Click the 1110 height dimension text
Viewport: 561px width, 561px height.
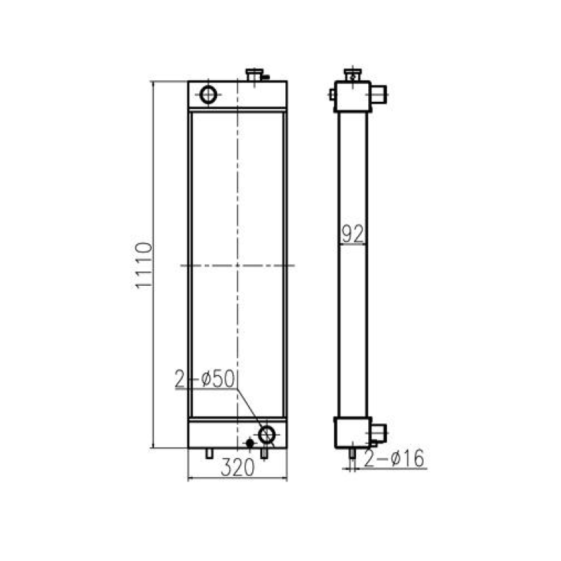point(143,265)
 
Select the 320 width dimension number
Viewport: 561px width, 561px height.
point(237,469)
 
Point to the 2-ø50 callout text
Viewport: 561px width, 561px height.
point(205,380)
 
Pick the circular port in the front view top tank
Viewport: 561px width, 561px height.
point(208,94)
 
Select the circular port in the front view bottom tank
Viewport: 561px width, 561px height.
point(267,433)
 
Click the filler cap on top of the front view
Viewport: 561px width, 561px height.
point(254,75)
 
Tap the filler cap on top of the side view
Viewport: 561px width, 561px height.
point(351,74)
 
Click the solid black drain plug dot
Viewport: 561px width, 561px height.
point(249,443)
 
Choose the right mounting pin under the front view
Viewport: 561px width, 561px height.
point(264,454)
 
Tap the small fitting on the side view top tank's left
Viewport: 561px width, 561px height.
point(332,93)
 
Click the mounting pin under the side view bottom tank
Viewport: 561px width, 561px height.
point(352,454)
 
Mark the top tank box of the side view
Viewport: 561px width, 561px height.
point(351,97)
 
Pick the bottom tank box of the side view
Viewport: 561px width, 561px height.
point(351,432)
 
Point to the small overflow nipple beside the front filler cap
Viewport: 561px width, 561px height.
point(264,76)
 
